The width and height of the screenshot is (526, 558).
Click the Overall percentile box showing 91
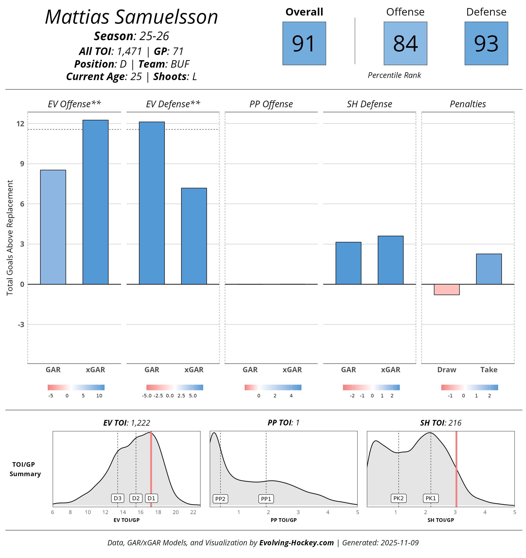[304, 44]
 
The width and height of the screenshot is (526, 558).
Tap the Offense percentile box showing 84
[405, 44]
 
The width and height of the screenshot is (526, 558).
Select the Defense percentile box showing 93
[486, 44]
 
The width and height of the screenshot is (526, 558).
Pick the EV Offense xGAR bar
[95, 202]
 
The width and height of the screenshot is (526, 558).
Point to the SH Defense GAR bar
[348, 263]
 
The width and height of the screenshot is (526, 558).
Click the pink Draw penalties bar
[446, 289]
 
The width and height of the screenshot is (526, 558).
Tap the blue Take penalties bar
[489, 269]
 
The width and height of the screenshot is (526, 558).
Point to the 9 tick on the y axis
[22, 164]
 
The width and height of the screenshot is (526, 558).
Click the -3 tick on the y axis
[21, 325]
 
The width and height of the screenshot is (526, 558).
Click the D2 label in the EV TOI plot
[136, 498]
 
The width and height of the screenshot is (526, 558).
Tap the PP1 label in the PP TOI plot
[266, 499]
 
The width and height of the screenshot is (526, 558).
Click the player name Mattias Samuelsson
[131, 17]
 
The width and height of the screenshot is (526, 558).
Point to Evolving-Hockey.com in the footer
[296, 542]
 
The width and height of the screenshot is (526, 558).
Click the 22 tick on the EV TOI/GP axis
[193, 512]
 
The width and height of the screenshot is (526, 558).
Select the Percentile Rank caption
[394, 75]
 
